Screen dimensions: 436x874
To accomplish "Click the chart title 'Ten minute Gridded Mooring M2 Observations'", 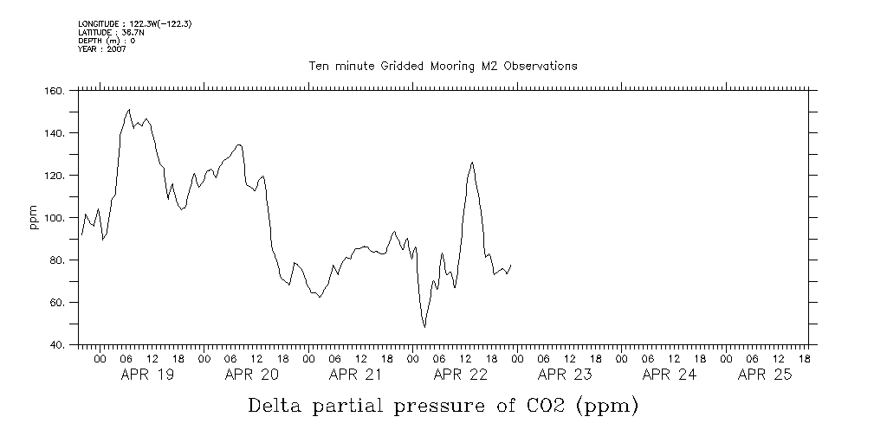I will click(443, 66).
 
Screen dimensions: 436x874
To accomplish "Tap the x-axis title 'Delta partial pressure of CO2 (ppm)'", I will click(443, 405).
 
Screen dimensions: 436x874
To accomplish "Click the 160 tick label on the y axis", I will click(54, 91).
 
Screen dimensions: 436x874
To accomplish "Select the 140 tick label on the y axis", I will click(54, 133).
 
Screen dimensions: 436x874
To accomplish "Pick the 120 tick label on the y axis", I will click(54, 176).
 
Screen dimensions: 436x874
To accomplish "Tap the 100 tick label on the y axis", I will click(54, 218).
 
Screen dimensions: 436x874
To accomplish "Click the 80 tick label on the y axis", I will click(57, 260).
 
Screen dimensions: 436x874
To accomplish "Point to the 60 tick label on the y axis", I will click(57, 303).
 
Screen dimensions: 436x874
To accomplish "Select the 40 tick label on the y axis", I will click(57, 345).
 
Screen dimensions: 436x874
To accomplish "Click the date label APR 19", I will click(147, 375).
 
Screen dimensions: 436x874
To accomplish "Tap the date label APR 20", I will click(251, 375).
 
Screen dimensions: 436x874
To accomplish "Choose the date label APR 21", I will click(356, 375).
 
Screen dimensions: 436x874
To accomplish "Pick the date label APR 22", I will click(460, 375).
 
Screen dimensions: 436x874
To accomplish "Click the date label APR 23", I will click(565, 375).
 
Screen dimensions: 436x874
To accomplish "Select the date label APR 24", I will click(669, 375).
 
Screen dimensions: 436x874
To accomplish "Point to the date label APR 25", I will click(765, 375).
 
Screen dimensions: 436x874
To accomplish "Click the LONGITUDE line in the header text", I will click(134, 24).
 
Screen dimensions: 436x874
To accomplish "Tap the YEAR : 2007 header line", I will click(101, 49).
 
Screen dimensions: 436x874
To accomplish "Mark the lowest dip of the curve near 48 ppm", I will click(424, 326).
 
